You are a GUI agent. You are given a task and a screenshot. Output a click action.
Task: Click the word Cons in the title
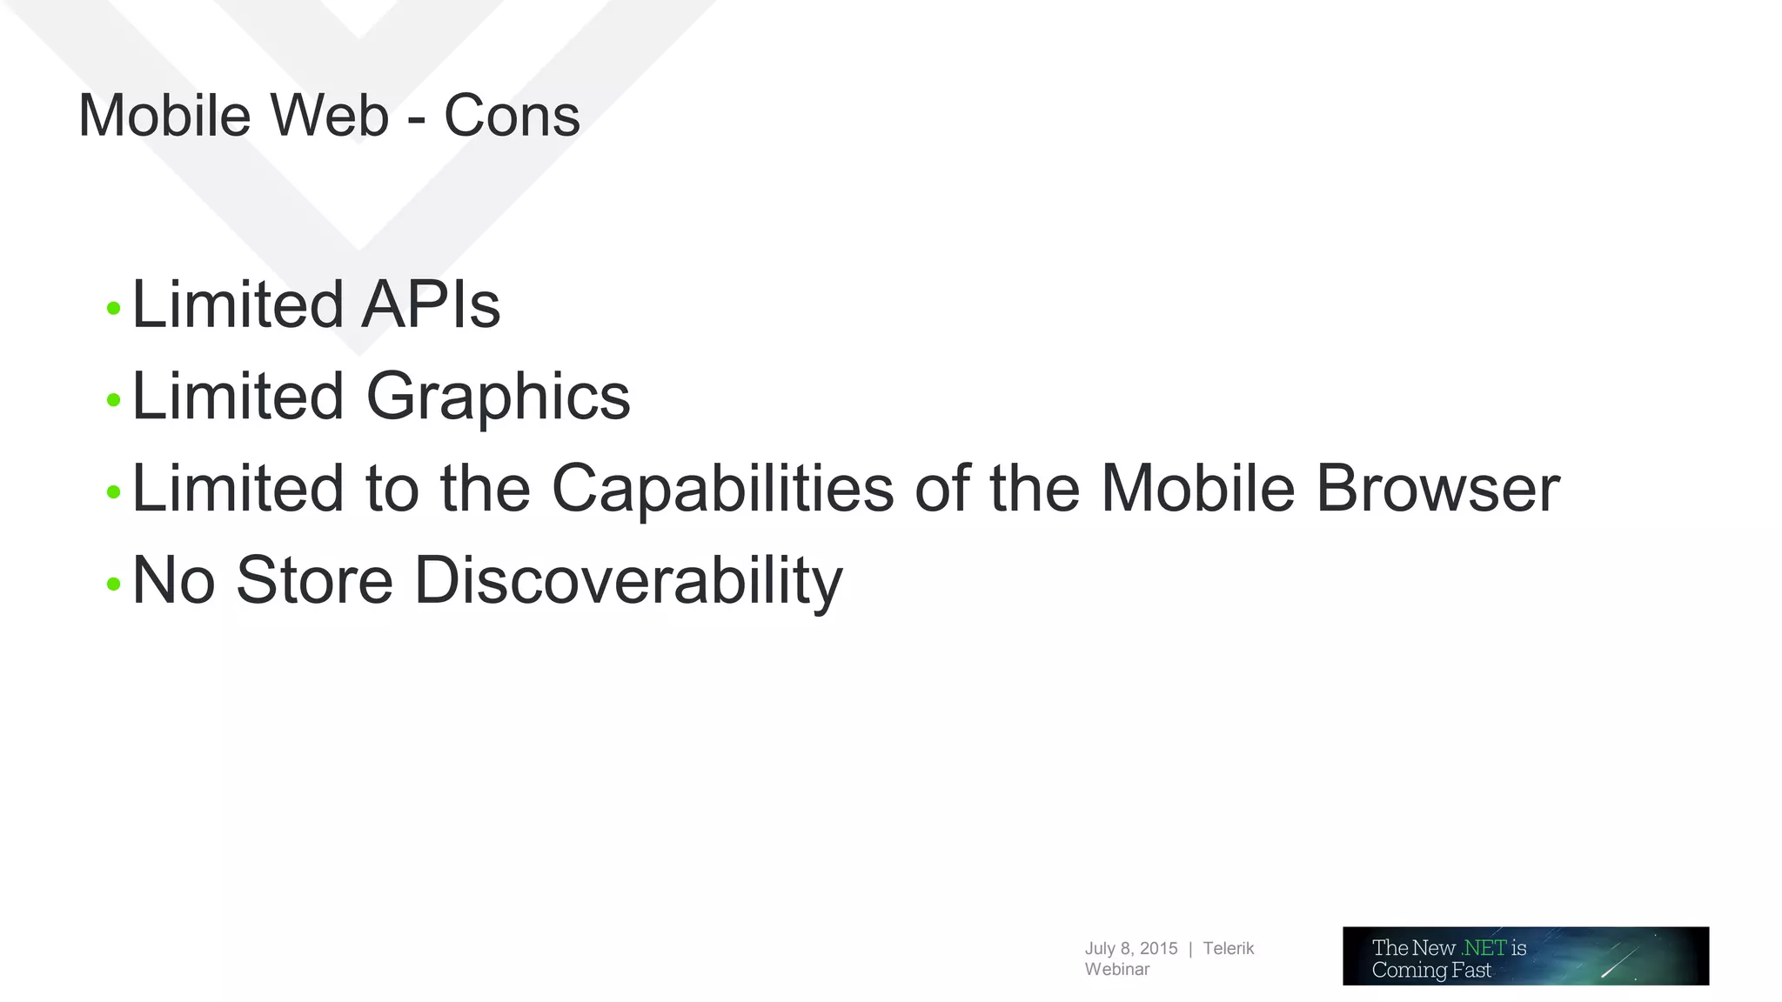[x=512, y=116]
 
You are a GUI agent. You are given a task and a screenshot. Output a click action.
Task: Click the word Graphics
[x=498, y=397]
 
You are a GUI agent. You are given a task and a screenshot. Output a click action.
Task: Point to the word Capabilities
[x=722, y=489]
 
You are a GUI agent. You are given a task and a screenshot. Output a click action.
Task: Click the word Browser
[x=1437, y=489]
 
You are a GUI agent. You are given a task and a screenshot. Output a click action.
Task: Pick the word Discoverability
[x=627, y=581]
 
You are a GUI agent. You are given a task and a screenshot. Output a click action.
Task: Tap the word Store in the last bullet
[x=314, y=581]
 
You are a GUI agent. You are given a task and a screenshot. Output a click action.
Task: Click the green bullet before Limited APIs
[x=113, y=308]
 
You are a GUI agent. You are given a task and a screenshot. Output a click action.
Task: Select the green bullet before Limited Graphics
[x=113, y=400]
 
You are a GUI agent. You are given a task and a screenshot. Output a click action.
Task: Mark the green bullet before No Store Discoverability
[x=113, y=584]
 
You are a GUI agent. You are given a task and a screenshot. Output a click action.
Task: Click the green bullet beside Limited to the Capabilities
[x=113, y=492]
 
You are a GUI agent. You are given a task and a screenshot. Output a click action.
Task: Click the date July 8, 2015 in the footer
[x=1130, y=948]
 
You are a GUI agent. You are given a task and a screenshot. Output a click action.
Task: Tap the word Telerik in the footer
[x=1228, y=948]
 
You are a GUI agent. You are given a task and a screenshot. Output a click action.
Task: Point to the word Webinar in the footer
[x=1116, y=969]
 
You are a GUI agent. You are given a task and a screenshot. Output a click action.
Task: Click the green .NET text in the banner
[x=1484, y=947]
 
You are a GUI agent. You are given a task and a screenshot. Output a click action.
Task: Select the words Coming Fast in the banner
[x=1430, y=970]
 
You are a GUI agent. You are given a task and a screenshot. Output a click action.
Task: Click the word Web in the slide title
[x=329, y=116]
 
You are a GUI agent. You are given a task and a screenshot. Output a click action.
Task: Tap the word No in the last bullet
[x=173, y=581]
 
